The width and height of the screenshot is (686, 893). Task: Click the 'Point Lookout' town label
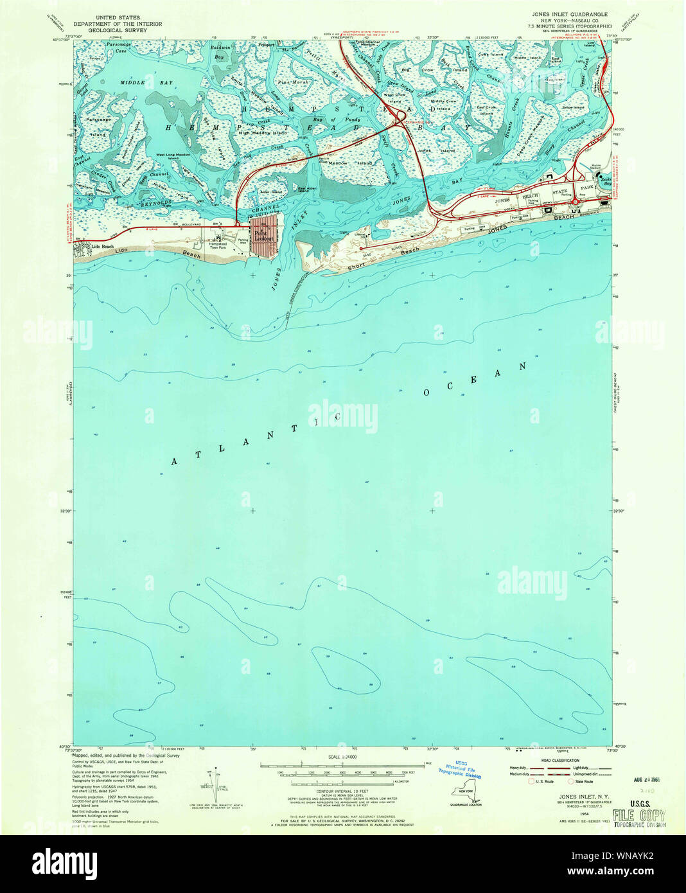[263, 236]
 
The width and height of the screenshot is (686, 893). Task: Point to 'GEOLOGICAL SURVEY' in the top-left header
[117, 30]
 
